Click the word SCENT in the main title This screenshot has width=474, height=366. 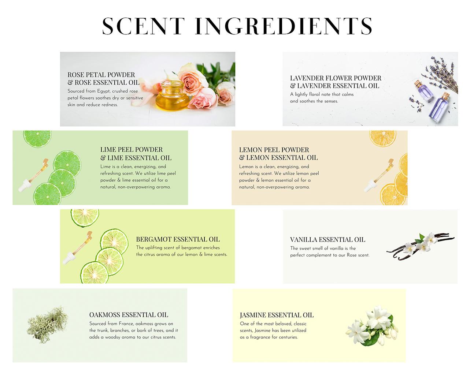coord(143,26)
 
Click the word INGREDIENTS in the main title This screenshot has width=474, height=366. coord(284,26)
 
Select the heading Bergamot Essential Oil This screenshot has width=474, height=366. coord(178,239)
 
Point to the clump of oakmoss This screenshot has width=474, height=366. coord(47,325)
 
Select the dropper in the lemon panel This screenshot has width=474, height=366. coord(379,176)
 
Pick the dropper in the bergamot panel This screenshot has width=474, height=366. coord(77,248)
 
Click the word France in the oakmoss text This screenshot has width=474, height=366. coord(126,324)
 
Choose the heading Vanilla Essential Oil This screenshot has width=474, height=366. coord(327,240)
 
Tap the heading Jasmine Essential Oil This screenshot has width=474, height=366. coord(277,315)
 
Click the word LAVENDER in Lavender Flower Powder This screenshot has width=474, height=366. coord(307,78)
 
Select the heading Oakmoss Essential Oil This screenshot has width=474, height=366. coord(129,315)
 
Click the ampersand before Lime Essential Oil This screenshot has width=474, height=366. coord(103,158)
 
